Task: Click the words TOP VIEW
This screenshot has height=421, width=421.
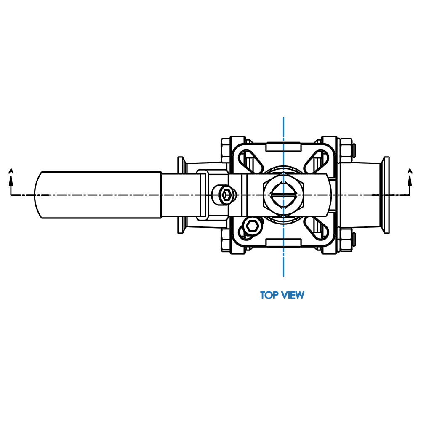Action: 282,295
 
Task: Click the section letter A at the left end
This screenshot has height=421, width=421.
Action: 11,171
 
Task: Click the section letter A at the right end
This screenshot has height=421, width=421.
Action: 410,171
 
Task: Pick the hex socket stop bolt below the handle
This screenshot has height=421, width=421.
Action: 253,226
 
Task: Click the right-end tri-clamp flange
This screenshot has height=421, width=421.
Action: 385,195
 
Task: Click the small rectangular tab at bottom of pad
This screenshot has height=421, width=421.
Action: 283,242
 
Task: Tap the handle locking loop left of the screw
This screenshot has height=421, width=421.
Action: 201,195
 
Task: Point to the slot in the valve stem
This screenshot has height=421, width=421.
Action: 283,195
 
